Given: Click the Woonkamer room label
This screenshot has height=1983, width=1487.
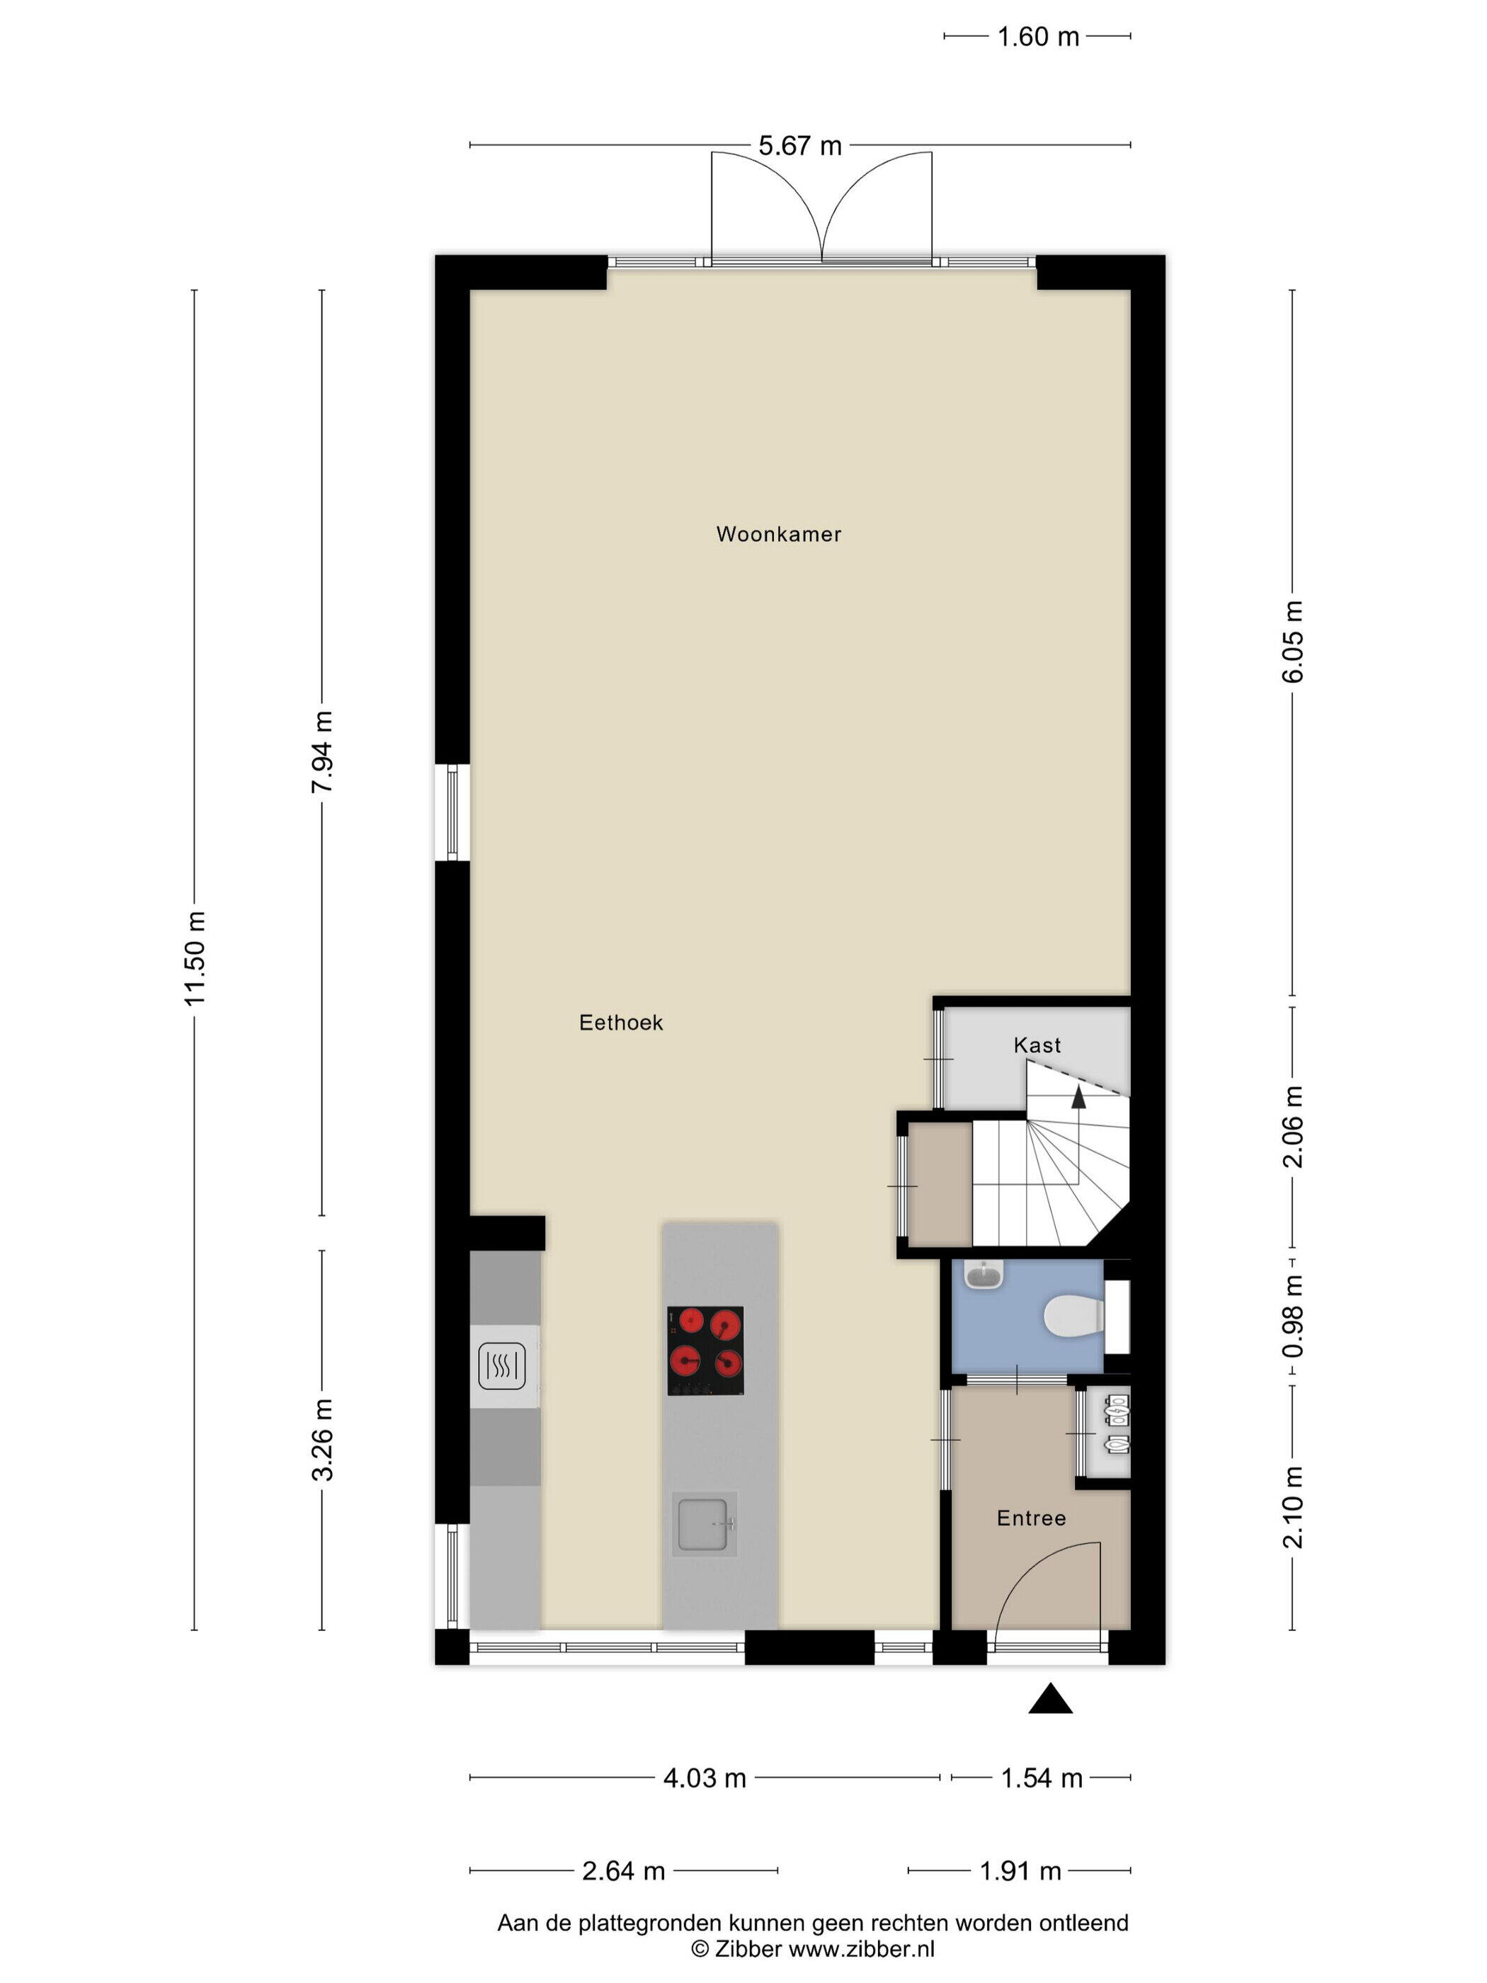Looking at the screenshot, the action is (x=778, y=534).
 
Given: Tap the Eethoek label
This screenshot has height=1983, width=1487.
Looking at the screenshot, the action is (x=621, y=1023).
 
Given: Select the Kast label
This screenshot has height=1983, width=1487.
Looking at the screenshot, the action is (x=1037, y=1045).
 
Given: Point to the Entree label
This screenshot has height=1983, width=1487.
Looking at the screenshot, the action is (x=1032, y=1518).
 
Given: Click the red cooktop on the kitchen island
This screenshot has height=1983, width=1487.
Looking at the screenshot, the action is (x=705, y=1350).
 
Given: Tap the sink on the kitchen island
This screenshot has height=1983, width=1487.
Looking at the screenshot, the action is (x=705, y=1524).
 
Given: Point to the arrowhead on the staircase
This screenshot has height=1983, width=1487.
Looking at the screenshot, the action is (x=1078, y=1096).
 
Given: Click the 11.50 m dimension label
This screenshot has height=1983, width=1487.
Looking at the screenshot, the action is (x=195, y=958).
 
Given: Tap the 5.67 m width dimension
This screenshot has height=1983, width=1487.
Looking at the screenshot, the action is (x=800, y=145).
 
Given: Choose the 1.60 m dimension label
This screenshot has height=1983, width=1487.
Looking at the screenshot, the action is (x=1038, y=37).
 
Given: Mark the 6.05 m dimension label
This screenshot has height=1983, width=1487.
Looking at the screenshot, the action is (x=1292, y=641).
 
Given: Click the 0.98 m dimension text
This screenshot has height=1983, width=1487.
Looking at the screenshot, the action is (x=1292, y=1317).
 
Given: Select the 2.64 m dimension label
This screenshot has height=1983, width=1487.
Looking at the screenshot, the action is (x=624, y=1871).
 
